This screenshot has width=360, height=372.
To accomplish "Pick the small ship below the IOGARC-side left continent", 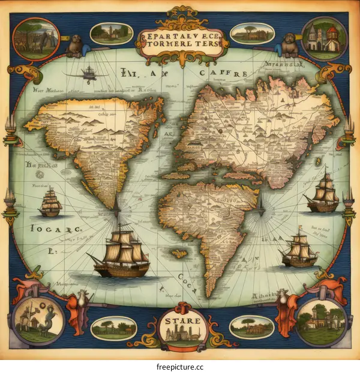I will click(51, 202).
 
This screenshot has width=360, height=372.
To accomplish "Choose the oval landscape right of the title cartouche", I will click(248, 33).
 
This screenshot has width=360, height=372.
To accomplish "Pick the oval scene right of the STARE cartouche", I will click(252, 327).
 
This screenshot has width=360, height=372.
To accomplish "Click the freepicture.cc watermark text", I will click(180, 362).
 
